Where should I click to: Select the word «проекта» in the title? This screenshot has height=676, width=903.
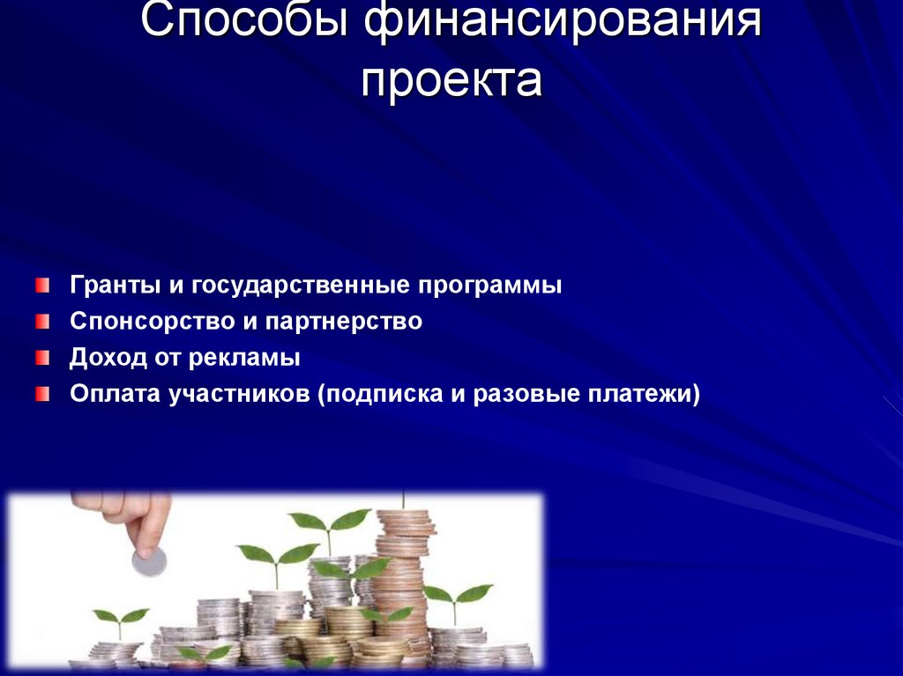coord(451,80)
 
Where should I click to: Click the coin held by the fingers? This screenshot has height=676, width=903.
coord(148,561)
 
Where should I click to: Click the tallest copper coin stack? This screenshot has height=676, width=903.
coord(404,573)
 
